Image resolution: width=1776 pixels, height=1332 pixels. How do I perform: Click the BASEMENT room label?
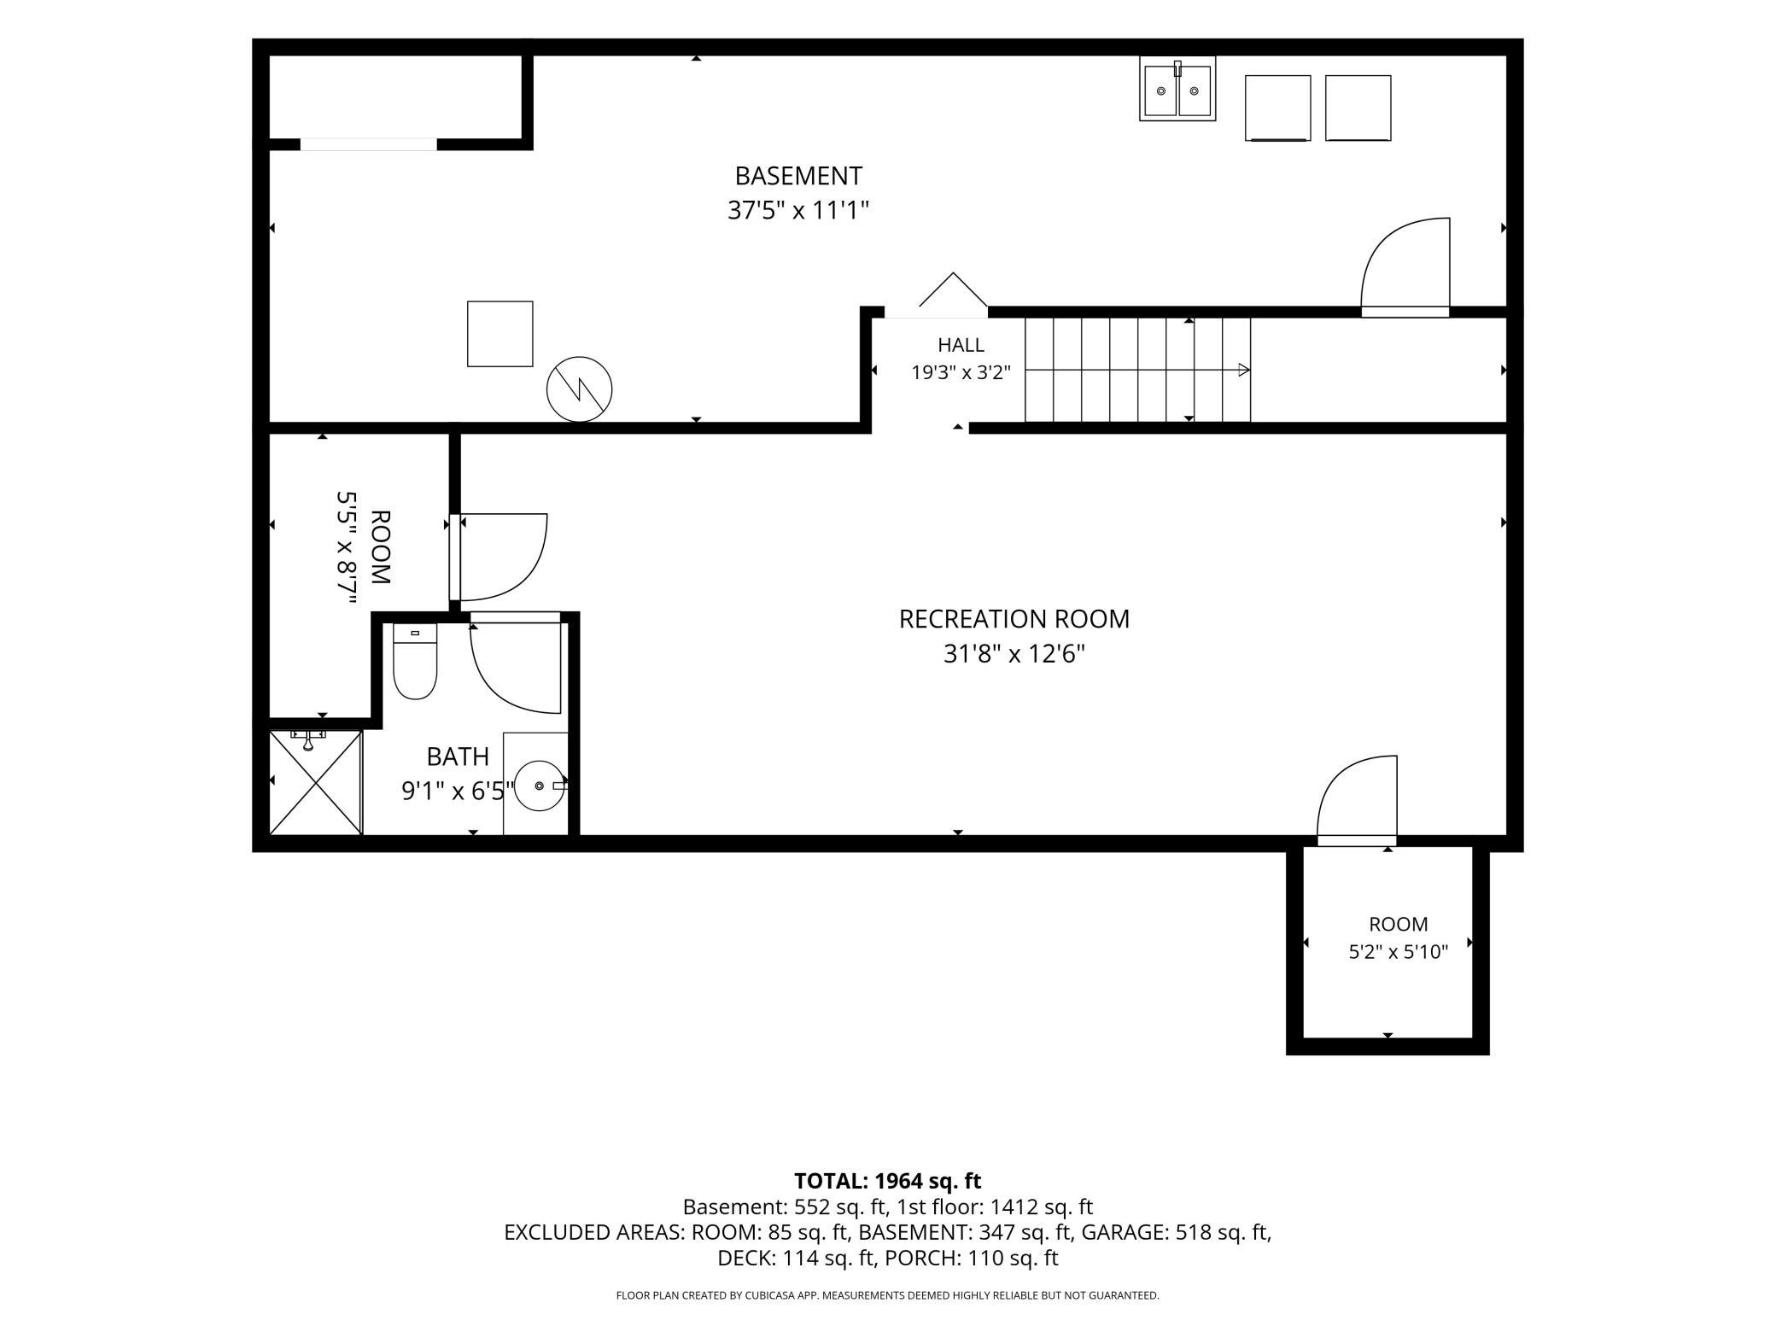798,176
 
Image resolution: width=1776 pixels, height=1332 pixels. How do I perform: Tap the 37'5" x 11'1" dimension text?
798,210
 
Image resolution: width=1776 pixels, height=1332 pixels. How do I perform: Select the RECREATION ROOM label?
1014,619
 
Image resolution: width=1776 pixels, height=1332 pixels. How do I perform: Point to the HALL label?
961,345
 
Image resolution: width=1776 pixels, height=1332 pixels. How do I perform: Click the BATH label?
458,757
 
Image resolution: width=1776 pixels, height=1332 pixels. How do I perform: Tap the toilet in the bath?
415,662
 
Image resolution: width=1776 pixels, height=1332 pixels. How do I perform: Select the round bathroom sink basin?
540,785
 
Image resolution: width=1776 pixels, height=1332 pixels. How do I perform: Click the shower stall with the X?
316,782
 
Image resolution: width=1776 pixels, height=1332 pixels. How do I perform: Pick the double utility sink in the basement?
1177,89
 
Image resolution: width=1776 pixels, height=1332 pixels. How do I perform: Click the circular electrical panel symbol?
580,389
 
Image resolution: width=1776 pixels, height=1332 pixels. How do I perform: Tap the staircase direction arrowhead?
1245,370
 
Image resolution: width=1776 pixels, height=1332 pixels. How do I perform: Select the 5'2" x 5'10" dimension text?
1399,952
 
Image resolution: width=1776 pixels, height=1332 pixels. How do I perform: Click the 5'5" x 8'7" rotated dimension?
346,548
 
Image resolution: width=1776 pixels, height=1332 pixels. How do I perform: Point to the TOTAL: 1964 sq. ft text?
888,1181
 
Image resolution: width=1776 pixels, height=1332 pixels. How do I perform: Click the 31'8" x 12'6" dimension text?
1014,654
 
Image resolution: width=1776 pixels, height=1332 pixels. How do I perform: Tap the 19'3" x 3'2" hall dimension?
961,372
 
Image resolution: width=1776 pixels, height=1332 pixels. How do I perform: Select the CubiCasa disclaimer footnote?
888,1295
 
